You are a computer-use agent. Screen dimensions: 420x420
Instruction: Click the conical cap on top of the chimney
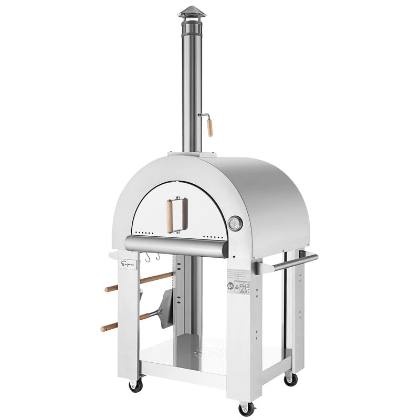click(x=192, y=12)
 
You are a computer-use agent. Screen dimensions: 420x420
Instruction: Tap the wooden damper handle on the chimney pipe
click(x=209, y=128)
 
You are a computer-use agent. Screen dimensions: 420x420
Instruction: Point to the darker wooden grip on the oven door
click(x=184, y=214)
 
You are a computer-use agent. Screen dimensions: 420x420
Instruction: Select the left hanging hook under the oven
click(x=149, y=257)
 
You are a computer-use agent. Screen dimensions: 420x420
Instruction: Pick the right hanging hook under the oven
click(x=157, y=257)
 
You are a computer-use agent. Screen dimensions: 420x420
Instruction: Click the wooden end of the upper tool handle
click(x=110, y=288)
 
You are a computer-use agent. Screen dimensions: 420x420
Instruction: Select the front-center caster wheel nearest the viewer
click(x=245, y=408)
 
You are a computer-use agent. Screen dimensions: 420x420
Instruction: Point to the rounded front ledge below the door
click(x=176, y=245)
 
